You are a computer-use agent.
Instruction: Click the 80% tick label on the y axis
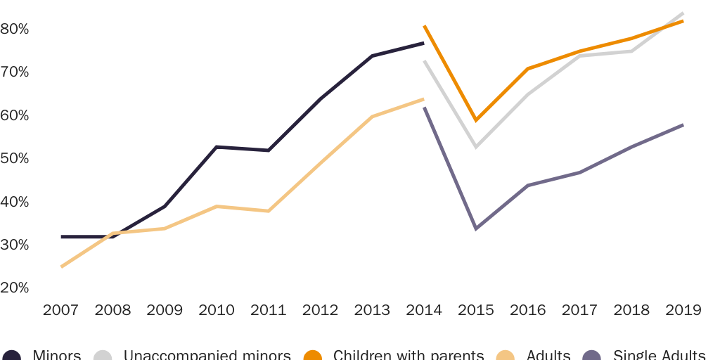pyautogui.click(x=14, y=29)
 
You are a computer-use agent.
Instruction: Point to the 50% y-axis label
pyautogui.click(x=14, y=158)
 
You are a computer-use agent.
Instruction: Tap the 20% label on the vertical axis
pyautogui.click(x=14, y=288)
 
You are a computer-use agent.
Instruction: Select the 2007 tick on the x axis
pyautogui.click(x=60, y=310)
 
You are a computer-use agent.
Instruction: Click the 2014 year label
pyautogui.click(x=424, y=310)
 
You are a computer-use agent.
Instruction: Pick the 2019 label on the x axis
pyautogui.click(x=683, y=310)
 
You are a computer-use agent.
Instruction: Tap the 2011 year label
pyautogui.click(x=269, y=310)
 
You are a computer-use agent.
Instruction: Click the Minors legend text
pyautogui.click(x=56, y=355)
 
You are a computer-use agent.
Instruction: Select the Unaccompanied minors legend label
pyautogui.click(x=207, y=355)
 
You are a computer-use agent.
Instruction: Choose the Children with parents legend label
pyautogui.click(x=408, y=355)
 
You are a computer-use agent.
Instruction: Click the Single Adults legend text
pyautogui.click(x=659, y=355)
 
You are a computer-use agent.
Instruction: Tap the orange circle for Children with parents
pyautogui.click(x=313, y=356)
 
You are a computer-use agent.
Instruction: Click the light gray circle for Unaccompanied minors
pyautogui.click(x=103, y=356)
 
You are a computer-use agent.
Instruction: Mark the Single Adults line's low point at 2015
pyautogui.click(x=476, y=229)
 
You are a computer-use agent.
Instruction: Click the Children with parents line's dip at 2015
pyautogui.click(x=476, y=120)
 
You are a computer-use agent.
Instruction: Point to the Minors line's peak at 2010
pyautogui.click(x=217, y=147)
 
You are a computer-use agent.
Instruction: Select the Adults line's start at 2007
pyautogui.click(x=62, y=266)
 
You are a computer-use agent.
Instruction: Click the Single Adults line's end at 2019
pyautogui.click(x=683, y=125)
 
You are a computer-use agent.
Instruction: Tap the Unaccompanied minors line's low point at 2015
pyautogui.click(x=476, y=147)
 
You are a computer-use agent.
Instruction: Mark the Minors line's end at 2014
pyautogui.click(x=423, y=44)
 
